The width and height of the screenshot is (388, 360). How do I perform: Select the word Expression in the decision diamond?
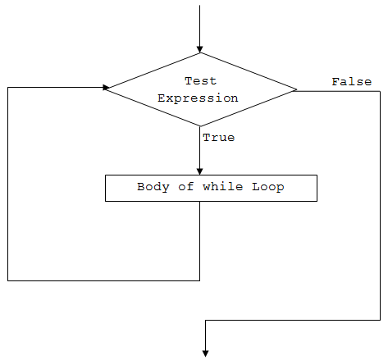198,98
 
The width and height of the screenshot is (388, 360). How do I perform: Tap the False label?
351,81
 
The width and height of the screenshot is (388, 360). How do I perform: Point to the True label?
218,137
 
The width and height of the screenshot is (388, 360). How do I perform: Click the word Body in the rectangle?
153,187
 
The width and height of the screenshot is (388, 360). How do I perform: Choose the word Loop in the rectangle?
268,187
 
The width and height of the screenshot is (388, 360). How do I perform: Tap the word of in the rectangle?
185,187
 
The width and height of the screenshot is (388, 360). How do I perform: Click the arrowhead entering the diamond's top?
200,48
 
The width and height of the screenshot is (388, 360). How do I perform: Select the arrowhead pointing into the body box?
200,171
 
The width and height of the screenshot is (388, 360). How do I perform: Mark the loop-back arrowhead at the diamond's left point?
107,87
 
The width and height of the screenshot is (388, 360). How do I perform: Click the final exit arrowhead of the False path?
205,353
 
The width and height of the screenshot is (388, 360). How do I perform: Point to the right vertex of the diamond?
297,89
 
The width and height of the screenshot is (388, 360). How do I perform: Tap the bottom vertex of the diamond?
200,126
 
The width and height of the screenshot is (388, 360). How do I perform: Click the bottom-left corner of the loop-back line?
7,280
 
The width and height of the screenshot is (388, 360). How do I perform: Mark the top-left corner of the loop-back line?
7,87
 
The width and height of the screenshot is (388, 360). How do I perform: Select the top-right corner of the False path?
381,90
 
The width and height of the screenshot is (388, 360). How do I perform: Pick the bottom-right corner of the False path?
381,321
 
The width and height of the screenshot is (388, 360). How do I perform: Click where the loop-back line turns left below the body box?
200,280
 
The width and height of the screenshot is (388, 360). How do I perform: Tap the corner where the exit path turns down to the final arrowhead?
205,321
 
